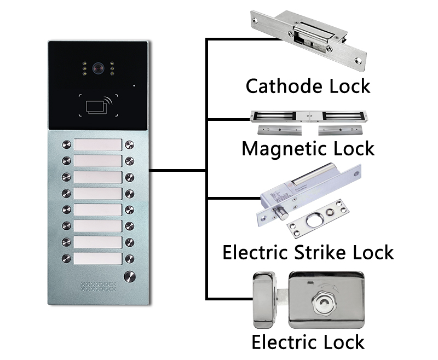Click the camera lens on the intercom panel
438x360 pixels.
98,69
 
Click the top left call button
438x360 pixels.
67,145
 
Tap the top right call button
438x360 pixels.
130,145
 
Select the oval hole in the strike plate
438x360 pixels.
320,220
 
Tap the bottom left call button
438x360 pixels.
67,258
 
